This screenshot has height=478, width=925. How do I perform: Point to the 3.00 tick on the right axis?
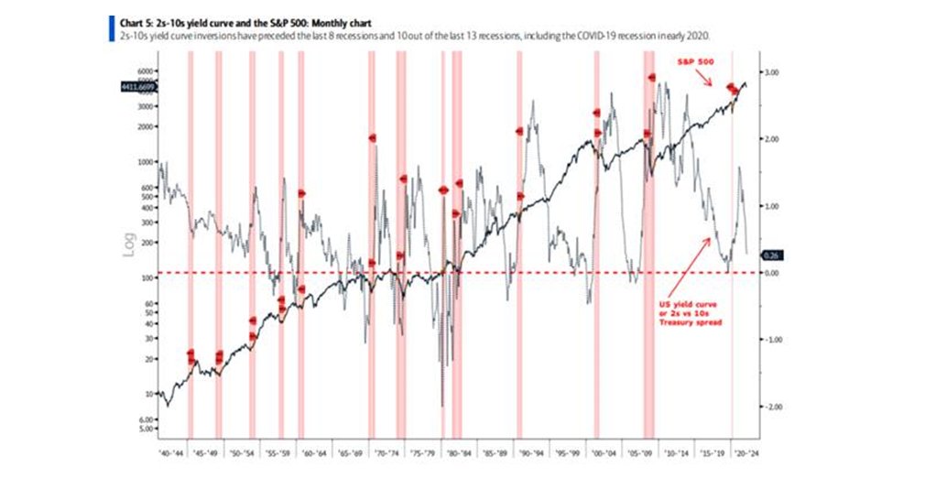(771, 71)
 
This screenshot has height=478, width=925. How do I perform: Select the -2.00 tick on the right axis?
(771, 407)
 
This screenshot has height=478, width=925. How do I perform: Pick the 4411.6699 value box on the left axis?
(138, 87)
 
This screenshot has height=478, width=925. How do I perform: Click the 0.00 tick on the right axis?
(771, 273)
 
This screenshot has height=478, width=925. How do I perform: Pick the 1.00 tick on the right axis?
(771, 206)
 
